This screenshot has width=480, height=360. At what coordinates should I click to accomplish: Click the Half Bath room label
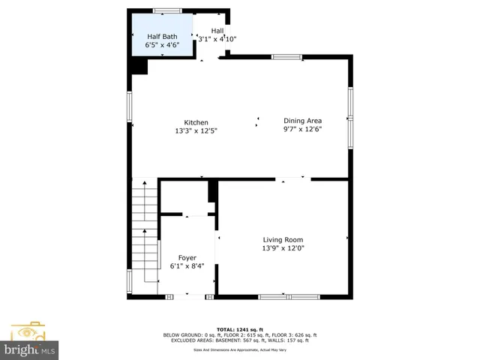[162, 36]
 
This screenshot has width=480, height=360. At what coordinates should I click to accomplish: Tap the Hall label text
[217, 31]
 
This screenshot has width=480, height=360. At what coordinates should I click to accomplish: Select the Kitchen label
[196, 123]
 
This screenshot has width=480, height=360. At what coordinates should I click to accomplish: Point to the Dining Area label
[302, 120]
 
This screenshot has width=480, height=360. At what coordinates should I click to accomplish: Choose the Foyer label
[187, 257]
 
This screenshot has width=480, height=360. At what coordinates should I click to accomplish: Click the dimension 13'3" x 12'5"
[196, 131]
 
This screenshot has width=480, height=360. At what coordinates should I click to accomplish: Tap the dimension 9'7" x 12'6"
[302, 129]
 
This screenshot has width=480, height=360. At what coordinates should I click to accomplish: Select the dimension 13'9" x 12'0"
[283, 248]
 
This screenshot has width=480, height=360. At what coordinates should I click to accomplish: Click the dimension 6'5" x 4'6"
[162, 45]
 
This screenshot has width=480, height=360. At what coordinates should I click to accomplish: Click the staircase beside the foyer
[145, 225]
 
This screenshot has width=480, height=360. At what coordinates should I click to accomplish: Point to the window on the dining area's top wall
[286, 56]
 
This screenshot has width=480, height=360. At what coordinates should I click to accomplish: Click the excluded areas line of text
[240, 340]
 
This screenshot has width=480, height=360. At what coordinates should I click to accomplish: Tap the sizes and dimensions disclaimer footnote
[240, 349]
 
